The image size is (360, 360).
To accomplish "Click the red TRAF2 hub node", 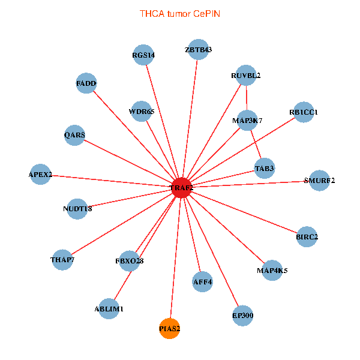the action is pyautogui.click(x=182, y=188).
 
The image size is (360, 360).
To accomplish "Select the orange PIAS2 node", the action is pyautogui.click(x=169, y=329).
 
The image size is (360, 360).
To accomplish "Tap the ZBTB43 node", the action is pyautogui.click(x=199, y=49).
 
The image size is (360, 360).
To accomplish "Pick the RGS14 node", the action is pyautogui.click(x=143, y=55).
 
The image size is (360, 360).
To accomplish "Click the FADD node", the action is pyautogui.click(x=86, y=83).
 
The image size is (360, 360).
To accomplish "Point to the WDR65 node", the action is pyautogui.click(x=141, y=111).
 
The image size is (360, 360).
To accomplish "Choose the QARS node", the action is pyautogui.click(x=74, y=135).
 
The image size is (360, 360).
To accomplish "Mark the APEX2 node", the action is pyautogui.click(x=40, y=174).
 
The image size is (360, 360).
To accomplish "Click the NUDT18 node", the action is pyautogui.click(x=77, y=209).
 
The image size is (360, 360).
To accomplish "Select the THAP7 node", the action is pyautogui.click(x=62, y=260).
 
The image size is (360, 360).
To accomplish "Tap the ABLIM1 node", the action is pyautogui.click(x=109, y=309).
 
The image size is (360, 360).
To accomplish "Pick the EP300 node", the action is pyautogui.click(x=242, y=316).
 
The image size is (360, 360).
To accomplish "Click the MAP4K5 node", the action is pyautogui.click(x=272, y=271).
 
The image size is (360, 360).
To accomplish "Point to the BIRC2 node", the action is pyautogui.click(x=307, y=237).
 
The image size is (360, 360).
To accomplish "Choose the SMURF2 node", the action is pyautogui.click(x=319, y=181).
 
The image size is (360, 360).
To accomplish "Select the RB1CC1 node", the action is pyautogui.click(x=304, y=112).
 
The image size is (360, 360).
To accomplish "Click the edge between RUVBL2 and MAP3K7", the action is pyautogui.click(x=247, y=98).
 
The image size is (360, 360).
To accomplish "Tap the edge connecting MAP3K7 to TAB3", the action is pyautogui.click(x=256, y=145).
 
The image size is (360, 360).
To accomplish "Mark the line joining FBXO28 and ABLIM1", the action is pyautogui.click(x=123, y=286).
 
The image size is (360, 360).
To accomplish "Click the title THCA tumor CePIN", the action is pyautogui.click(x=180, y=14).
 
